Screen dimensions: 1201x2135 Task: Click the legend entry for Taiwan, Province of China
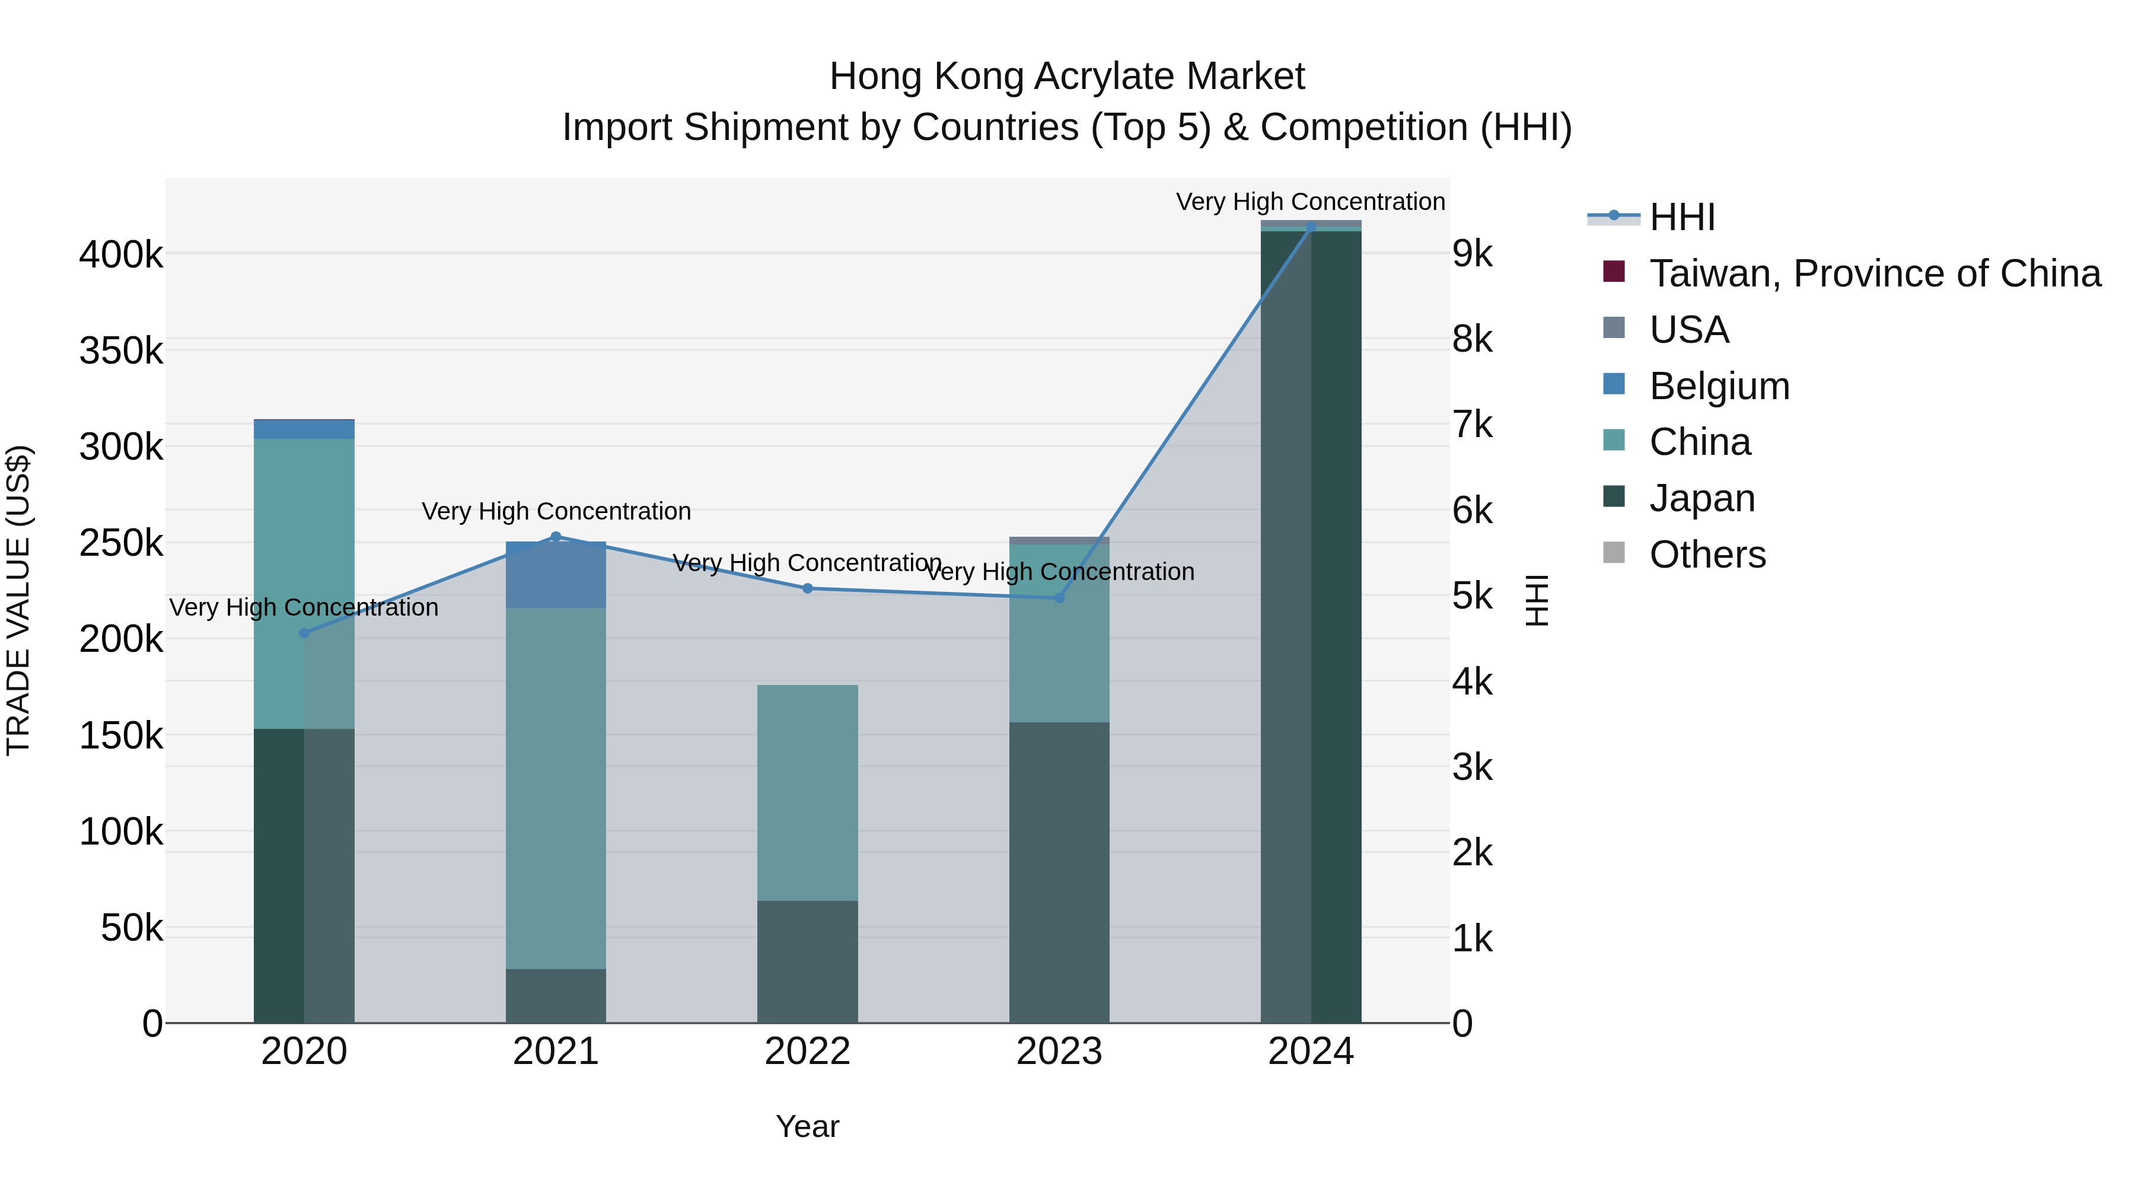1875,273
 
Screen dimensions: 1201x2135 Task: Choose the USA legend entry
1688,330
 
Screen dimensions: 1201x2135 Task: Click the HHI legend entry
1682,217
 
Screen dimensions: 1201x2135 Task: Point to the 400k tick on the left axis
121,254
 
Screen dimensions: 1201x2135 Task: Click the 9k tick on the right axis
1473,254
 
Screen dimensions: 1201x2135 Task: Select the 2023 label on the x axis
1059,1052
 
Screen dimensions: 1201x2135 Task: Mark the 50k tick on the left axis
132,928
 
